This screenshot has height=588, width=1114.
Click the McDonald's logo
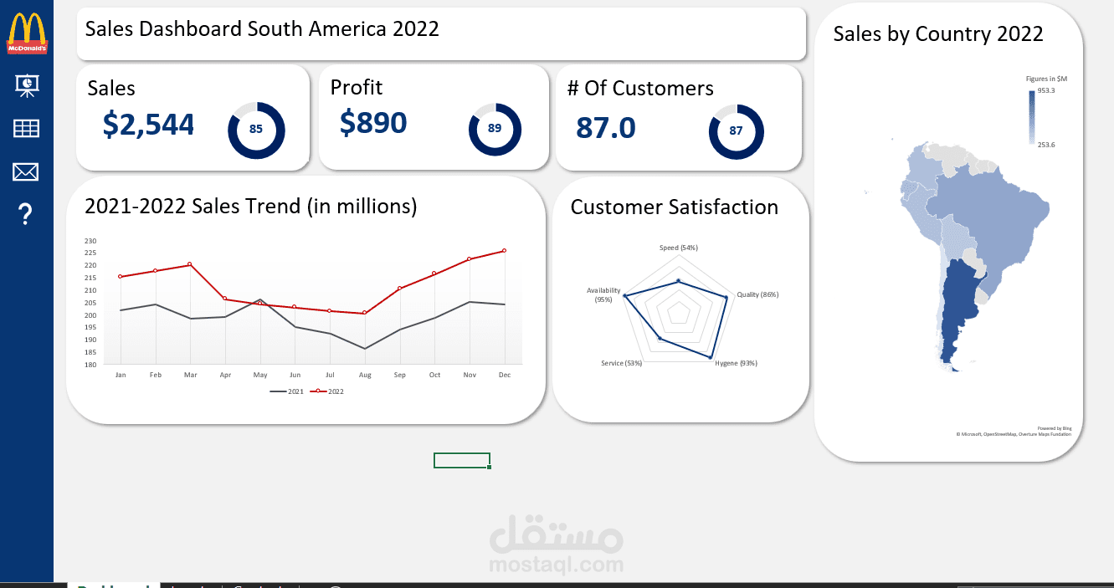[x=28, y=33]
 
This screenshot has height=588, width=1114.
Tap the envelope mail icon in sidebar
[x=26, y=172]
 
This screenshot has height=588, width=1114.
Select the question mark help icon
[x=26, y=215]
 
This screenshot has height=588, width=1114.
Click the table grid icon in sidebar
[x=26, y=128]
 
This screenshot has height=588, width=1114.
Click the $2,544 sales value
[x=148, y=125]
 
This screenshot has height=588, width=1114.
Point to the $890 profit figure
[x=373, y=123]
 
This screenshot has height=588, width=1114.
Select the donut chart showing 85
[x=256, y=130]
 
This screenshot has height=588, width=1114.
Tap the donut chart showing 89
[x=495, y=129]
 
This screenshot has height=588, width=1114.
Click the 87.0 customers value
[x=605, y=128]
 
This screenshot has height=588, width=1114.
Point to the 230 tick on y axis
[x=90, y=241]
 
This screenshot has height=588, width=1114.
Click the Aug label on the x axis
[x=364, y=376]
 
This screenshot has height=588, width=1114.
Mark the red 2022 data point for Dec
[x=504, y=251]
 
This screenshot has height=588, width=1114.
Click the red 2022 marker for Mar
[x=190, y=264]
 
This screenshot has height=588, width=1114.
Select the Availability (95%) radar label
[x=603, y=294]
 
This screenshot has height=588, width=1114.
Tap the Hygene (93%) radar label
[x=736, y=363]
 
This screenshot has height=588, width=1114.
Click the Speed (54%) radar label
[x=678, y=248]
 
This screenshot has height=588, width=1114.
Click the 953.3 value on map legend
[x=1046, y=90]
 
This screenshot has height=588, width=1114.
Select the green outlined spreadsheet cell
[x=461, y=461]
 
